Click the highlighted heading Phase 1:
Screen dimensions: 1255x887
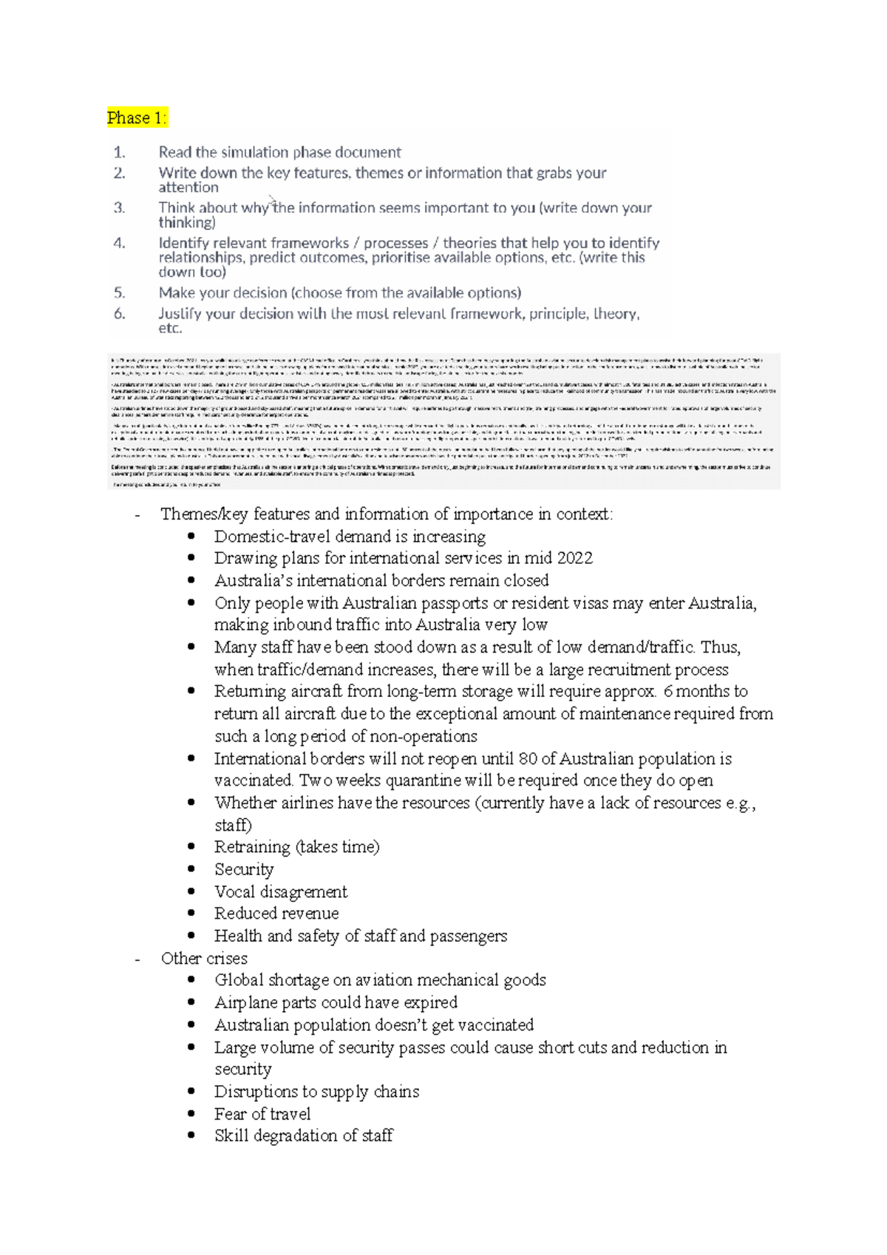point(137,118)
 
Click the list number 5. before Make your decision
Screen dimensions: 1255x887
point(120,293)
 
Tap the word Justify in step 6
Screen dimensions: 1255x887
point(180,313)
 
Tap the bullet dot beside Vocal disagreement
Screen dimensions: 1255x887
point(191,891)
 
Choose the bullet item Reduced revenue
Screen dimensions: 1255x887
point(276,914)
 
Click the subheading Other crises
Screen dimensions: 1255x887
point(204,959)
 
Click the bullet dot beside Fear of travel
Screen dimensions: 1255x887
point(191,1113)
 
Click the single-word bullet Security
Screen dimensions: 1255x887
point(244,870)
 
